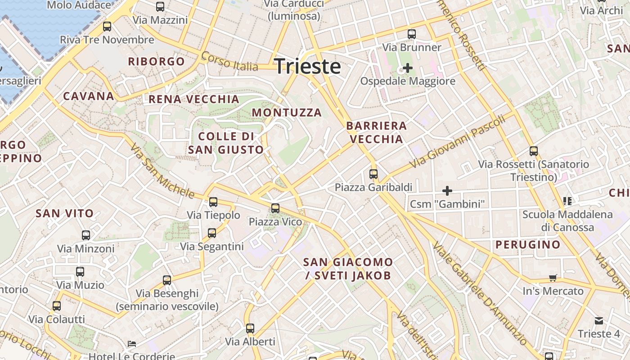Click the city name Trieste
[307, 66]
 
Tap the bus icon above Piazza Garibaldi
[373, 174]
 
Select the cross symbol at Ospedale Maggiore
[408, 68]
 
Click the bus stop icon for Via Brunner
[412, 34]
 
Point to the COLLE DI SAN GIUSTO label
[226, 143]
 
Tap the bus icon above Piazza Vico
[275, 208]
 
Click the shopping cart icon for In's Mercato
[553, 278]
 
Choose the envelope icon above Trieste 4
[599, 321]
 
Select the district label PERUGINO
[528, 245]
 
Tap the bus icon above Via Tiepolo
[213, 202]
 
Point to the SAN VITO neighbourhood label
[65, 213]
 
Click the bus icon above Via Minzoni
[86, 235]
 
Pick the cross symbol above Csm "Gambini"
[447, 191]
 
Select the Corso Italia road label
[229, 62]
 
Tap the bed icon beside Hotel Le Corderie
[132, 344]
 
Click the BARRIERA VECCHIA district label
[377, 132]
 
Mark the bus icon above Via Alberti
[250, 328]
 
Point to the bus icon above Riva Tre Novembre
[107, 27]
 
